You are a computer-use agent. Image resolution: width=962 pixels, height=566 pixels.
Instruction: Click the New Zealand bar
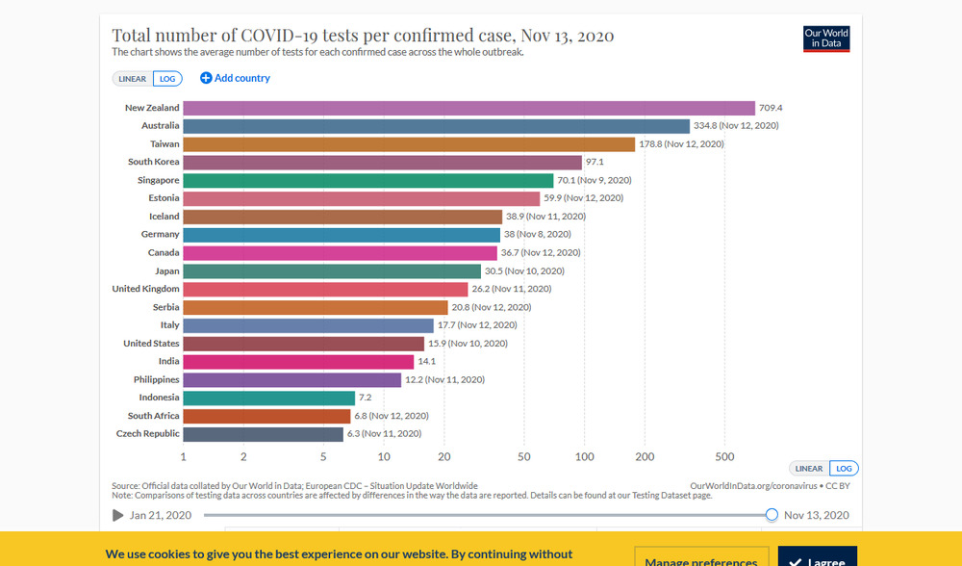(x=468, y=108)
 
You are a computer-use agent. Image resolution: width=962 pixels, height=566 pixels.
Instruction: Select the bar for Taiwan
(x=409, y=144)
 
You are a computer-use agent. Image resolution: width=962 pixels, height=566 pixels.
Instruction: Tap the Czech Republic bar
(x=263, y=434)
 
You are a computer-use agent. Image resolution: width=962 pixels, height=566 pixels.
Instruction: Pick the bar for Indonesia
(x=268, y=398)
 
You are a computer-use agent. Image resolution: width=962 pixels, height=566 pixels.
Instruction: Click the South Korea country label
(x=154, y=162)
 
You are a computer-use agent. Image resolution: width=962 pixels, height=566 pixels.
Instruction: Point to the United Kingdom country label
(x=146, y=289)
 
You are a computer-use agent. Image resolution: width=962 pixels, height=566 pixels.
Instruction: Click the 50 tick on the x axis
(x=524, y=456)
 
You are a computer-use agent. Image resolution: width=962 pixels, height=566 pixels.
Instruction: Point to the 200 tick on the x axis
(x=646, y=456)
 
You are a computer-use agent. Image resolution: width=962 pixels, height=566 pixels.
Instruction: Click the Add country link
(x=236, y=78)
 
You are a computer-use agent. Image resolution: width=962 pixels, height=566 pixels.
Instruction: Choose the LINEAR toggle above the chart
(x=133, y=79)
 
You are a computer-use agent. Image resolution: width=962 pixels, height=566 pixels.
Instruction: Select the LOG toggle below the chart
(x=844, y=469)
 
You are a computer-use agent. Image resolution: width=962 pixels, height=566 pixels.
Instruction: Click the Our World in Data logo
(x=826, y=39)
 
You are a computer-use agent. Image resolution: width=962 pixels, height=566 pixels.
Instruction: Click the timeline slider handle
(x=772, y=515)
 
